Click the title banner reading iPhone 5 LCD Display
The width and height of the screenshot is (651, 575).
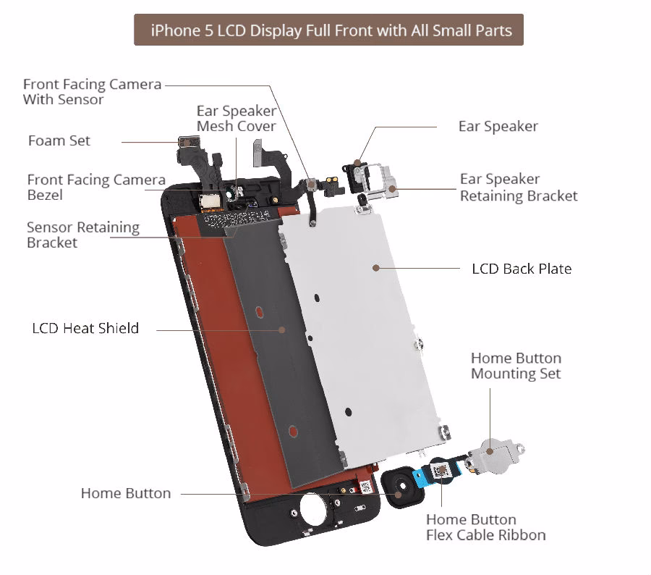click(328, 30)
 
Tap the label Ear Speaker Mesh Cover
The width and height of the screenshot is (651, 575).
click(236, 119)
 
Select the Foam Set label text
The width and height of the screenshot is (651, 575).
click(59, 140)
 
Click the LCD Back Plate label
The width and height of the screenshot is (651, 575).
click(522, 269)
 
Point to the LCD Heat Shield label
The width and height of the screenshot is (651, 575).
click(85, 328)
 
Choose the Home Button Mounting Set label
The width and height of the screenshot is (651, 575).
click(516, 366)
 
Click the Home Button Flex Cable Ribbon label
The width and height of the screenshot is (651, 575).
click(485, 527)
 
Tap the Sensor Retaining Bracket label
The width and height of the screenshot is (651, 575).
click(82, 235)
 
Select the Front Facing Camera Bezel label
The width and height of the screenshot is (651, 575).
click(96, 188)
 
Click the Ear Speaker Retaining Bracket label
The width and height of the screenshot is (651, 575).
click(519, 188)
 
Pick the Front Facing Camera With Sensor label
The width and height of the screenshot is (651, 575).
click(92, 92)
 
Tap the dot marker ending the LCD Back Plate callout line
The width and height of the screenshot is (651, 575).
click(376, 268)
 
